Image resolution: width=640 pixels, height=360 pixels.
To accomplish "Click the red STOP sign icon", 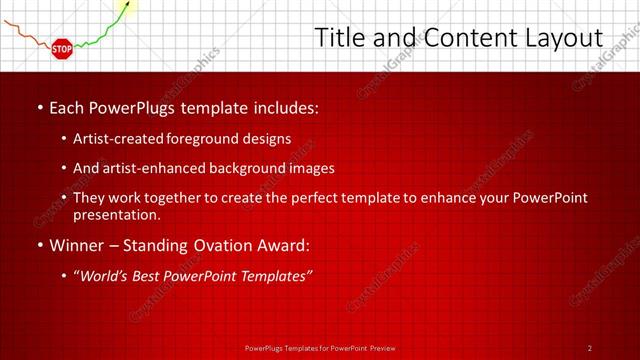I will point(62,47).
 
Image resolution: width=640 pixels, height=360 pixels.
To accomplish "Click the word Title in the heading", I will point(340,38).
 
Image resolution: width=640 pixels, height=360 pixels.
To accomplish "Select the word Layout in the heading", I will point(560,38).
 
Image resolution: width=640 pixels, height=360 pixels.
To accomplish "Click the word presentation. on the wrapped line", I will point(117,214).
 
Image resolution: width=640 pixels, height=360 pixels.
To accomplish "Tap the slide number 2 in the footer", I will point(590,347).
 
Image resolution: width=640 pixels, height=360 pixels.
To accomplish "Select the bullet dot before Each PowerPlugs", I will point(38,106).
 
